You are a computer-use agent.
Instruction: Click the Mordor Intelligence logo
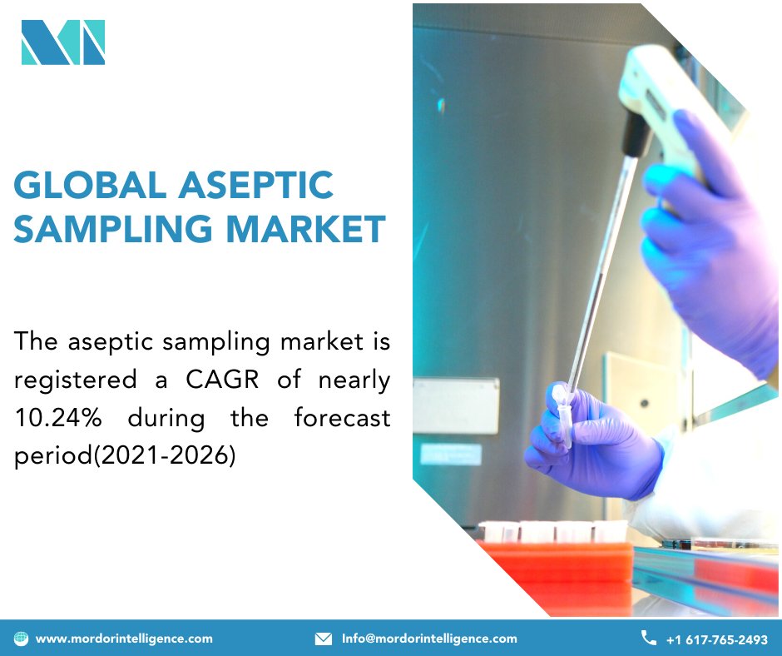tap(63, 42)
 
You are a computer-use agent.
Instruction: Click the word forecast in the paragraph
tap(342, 418)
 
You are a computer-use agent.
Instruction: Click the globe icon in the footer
tap(22, 639)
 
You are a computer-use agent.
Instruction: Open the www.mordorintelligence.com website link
tap(124, 639)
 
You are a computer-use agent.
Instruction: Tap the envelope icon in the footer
tap(324, 639)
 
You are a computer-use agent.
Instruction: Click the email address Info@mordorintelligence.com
tap(429, 639)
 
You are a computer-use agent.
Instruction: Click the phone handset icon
tap(648, 638)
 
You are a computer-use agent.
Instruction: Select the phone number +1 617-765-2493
tap(716, 639)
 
